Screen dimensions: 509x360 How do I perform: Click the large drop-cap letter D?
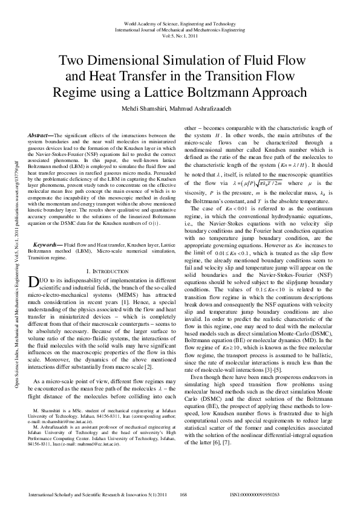33,283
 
